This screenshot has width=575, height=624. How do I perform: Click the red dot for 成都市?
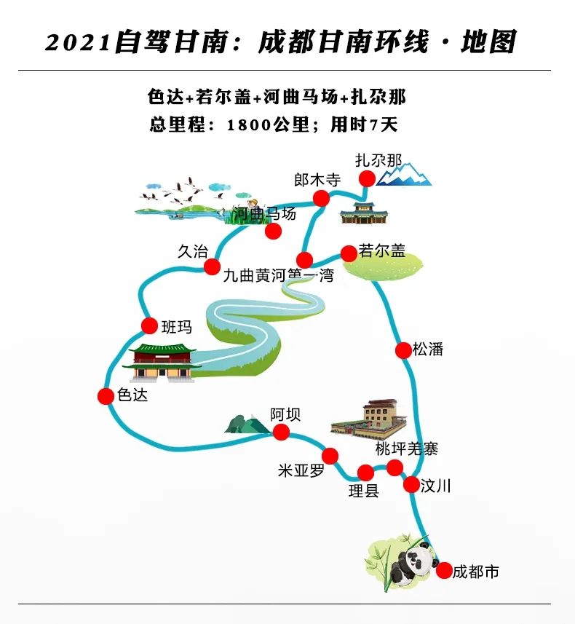444,571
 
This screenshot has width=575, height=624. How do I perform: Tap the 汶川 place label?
435,486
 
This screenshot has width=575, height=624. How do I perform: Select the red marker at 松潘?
403,350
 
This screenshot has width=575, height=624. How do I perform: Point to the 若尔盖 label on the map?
381,250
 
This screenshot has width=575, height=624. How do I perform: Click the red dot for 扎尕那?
367,178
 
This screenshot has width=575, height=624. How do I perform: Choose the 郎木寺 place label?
317,180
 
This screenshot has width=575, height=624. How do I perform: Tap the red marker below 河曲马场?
274,232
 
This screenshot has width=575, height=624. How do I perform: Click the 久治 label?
193,251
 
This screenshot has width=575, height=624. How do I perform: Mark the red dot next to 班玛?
150,326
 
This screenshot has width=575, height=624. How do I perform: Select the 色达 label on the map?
132,395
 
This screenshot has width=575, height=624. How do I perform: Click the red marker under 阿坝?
282,432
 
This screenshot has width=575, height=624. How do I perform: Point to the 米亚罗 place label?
301,471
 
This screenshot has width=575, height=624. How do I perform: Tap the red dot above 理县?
365,473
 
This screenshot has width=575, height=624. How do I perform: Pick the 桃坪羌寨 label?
407,449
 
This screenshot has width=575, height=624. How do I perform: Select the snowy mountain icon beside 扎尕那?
403,174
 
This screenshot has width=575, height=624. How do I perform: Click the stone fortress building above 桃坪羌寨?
369,419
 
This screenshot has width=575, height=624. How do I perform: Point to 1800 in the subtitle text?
250,125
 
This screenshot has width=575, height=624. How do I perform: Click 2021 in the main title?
78,42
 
